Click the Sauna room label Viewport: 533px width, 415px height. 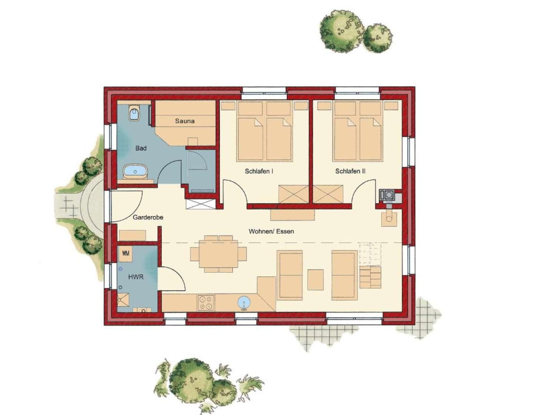coord(185,121)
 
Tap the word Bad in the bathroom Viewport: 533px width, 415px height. coord(141,148)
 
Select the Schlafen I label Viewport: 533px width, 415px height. coord(259,171)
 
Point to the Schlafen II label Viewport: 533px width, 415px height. coord(350,171)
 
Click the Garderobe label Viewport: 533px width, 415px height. coord(148,217)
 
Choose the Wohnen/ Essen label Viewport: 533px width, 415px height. coord(271,231)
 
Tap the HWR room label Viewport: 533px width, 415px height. coord(135,277)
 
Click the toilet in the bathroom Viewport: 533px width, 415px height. coord(134,112)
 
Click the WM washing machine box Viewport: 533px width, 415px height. coord(125,253)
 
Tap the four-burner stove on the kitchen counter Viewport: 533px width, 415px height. coord(206,303)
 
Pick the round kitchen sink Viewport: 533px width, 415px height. coord(244,302)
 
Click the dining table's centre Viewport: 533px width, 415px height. coord(218,254)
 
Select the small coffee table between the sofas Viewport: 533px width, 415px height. coord(315,280)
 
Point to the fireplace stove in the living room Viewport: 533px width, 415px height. coord(389,219)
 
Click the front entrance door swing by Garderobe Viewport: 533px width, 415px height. coord(127,206)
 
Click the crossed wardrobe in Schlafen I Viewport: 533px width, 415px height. coord(294,194)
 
